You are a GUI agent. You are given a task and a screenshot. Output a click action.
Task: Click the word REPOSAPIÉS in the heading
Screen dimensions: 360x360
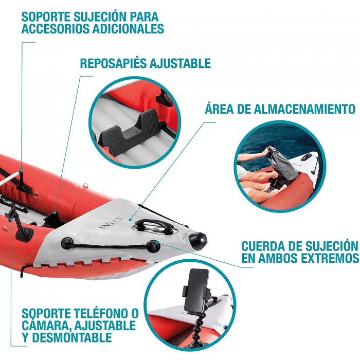(114, 63)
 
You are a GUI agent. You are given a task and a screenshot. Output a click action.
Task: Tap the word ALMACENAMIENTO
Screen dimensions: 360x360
(304, 109)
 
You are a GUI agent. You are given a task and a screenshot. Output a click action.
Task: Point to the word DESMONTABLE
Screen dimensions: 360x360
(71, 337)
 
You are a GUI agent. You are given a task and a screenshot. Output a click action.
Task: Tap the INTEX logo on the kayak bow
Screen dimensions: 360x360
(112, 223)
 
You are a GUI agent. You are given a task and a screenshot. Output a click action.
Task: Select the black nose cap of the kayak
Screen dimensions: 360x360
(199, 241)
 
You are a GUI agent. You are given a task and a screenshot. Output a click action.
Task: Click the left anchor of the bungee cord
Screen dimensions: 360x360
(67, 243)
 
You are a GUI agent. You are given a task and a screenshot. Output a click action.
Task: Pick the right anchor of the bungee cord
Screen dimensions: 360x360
(153, 246)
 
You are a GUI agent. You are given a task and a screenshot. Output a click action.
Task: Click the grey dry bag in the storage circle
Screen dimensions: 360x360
(282, 164)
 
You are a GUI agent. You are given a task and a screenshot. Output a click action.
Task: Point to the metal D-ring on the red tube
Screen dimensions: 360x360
(85, 185)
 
